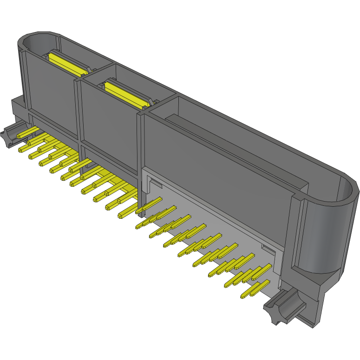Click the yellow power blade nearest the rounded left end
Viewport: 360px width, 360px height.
67,63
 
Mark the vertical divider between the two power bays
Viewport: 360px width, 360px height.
78,111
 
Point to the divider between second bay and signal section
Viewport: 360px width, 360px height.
140,144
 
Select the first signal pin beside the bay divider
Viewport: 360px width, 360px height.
149,205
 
